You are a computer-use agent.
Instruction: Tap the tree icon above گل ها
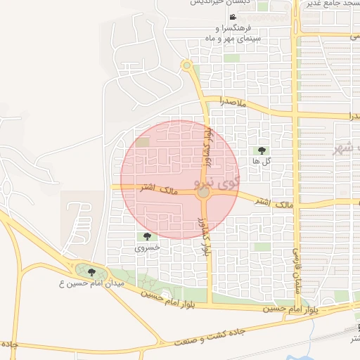tap(262, 150)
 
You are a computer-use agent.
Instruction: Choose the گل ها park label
tap(261, 161)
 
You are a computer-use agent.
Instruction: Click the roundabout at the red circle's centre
tap(202, 193)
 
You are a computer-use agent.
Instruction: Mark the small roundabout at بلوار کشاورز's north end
tap(186, 66)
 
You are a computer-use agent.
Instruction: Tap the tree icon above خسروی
tap(147, 237)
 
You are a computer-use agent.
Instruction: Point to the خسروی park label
tap(147, 248)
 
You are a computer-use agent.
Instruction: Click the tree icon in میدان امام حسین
tap(91, 272)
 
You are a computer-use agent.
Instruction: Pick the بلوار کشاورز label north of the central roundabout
tap(207, 146)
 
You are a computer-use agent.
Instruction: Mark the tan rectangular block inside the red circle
tap(143, 143)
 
